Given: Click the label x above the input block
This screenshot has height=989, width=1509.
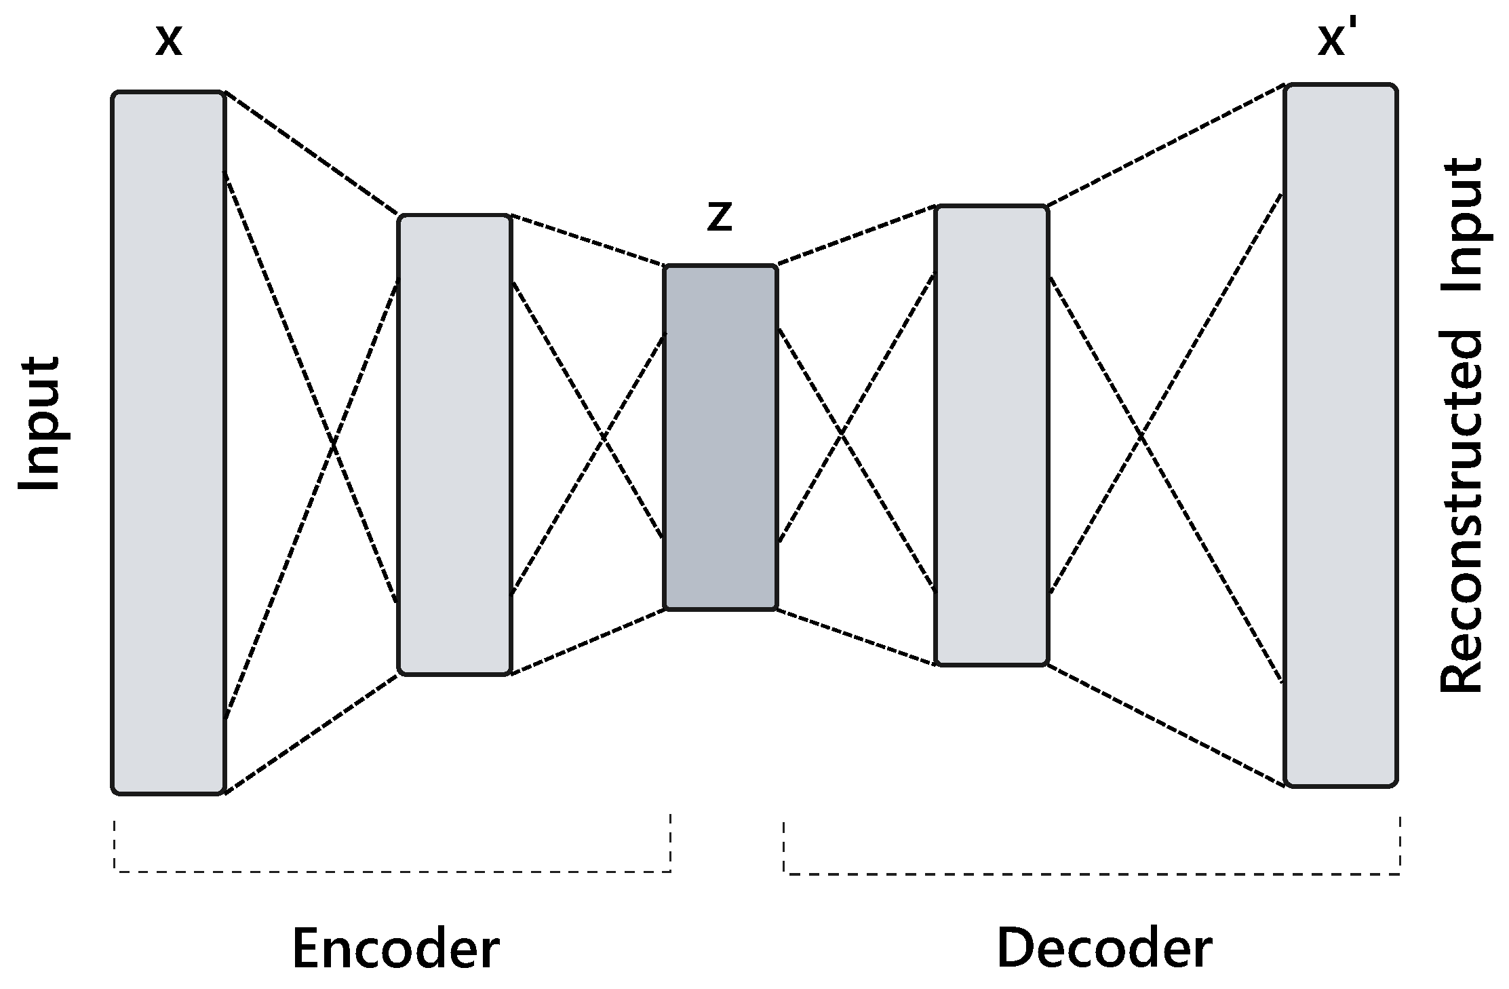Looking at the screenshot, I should (169, 41).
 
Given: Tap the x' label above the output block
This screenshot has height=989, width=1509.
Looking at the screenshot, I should (1334, 39).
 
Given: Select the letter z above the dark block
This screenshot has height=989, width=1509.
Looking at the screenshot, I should (719, 218).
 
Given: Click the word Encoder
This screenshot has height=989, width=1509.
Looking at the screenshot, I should (395, 949).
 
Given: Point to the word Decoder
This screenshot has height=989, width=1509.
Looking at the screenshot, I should (1104, 948).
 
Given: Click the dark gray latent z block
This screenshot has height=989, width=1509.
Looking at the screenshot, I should (720, 438).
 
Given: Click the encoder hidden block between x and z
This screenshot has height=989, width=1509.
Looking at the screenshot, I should (454, 445).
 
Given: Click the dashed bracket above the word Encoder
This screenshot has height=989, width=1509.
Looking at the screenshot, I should (392, 870).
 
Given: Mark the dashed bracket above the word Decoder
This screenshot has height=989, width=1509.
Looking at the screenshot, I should (1092, 873).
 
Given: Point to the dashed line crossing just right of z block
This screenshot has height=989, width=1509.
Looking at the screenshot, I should (841, 433).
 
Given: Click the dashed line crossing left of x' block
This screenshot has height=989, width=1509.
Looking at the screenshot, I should (1141, 436).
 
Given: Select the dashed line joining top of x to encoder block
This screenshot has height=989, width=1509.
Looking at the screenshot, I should (312, 154).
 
